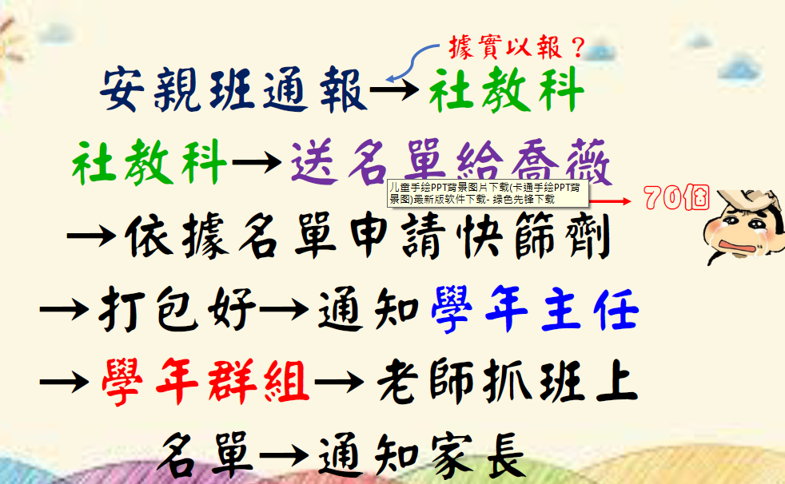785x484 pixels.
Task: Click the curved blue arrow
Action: [x=412, y=60]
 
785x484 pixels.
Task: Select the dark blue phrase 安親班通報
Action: [x=233, y=90]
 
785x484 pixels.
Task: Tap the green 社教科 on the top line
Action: [x=507, y=90]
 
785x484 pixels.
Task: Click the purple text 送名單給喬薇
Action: [x=451, y=162]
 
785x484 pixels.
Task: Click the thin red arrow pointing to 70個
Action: [x=610, y=201]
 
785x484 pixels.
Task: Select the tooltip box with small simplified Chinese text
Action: [x=488, y=193]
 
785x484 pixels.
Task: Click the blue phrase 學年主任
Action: [x=535, y=309]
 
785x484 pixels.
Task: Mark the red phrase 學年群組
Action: [x=205, y=382]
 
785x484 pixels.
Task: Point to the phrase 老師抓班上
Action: [x=507, y=382]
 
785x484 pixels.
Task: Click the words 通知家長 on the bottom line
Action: [x=421, y=455]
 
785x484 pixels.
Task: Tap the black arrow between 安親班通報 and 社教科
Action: [x=395, y=90]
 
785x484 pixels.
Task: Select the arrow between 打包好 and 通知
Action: [x=284, y=310]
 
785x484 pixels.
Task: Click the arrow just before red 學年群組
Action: [x=64, y=383]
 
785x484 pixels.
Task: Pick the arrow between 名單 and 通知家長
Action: [x=284, y=455]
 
